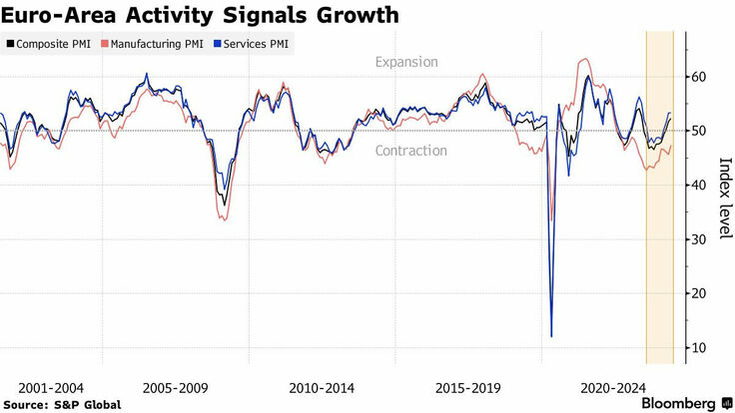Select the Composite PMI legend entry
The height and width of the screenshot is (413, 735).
(53, 44)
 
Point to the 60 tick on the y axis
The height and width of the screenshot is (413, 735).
(701, 77)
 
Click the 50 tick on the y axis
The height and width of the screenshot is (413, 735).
(701, 131)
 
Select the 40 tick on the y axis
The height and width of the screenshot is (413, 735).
(701, 185)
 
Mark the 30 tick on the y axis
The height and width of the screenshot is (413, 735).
(701, 239)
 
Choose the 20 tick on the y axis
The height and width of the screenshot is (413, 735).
(701, 293)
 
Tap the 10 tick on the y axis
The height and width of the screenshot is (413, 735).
(701, 347)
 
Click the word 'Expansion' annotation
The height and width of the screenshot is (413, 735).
(406, 62)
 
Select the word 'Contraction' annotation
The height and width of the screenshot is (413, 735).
(410, 151)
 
